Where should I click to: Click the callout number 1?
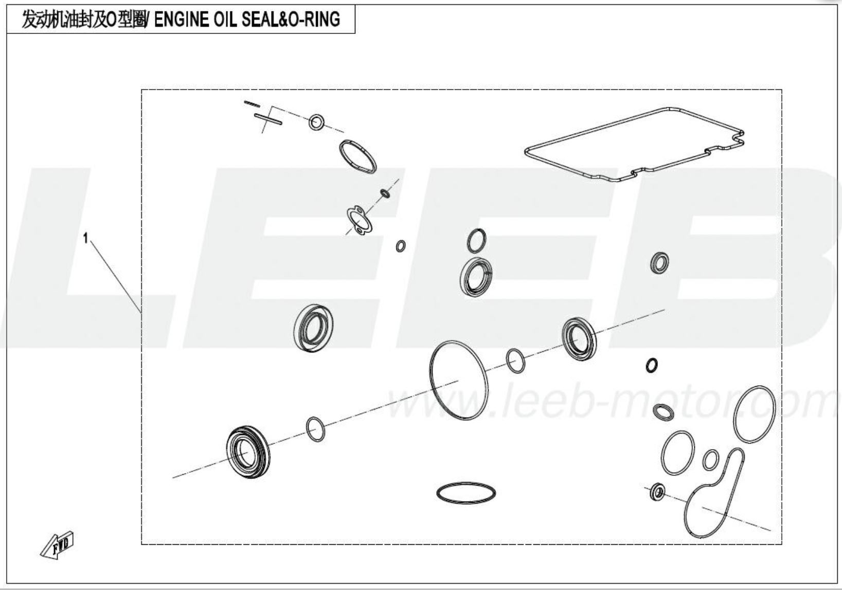(x=86, y=238)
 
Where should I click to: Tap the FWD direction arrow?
(x=57, y=546)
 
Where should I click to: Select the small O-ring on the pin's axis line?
(x=316, y=122)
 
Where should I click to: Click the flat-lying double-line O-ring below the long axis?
(x=466, y=492)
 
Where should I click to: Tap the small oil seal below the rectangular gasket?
(x=659, y=263)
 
